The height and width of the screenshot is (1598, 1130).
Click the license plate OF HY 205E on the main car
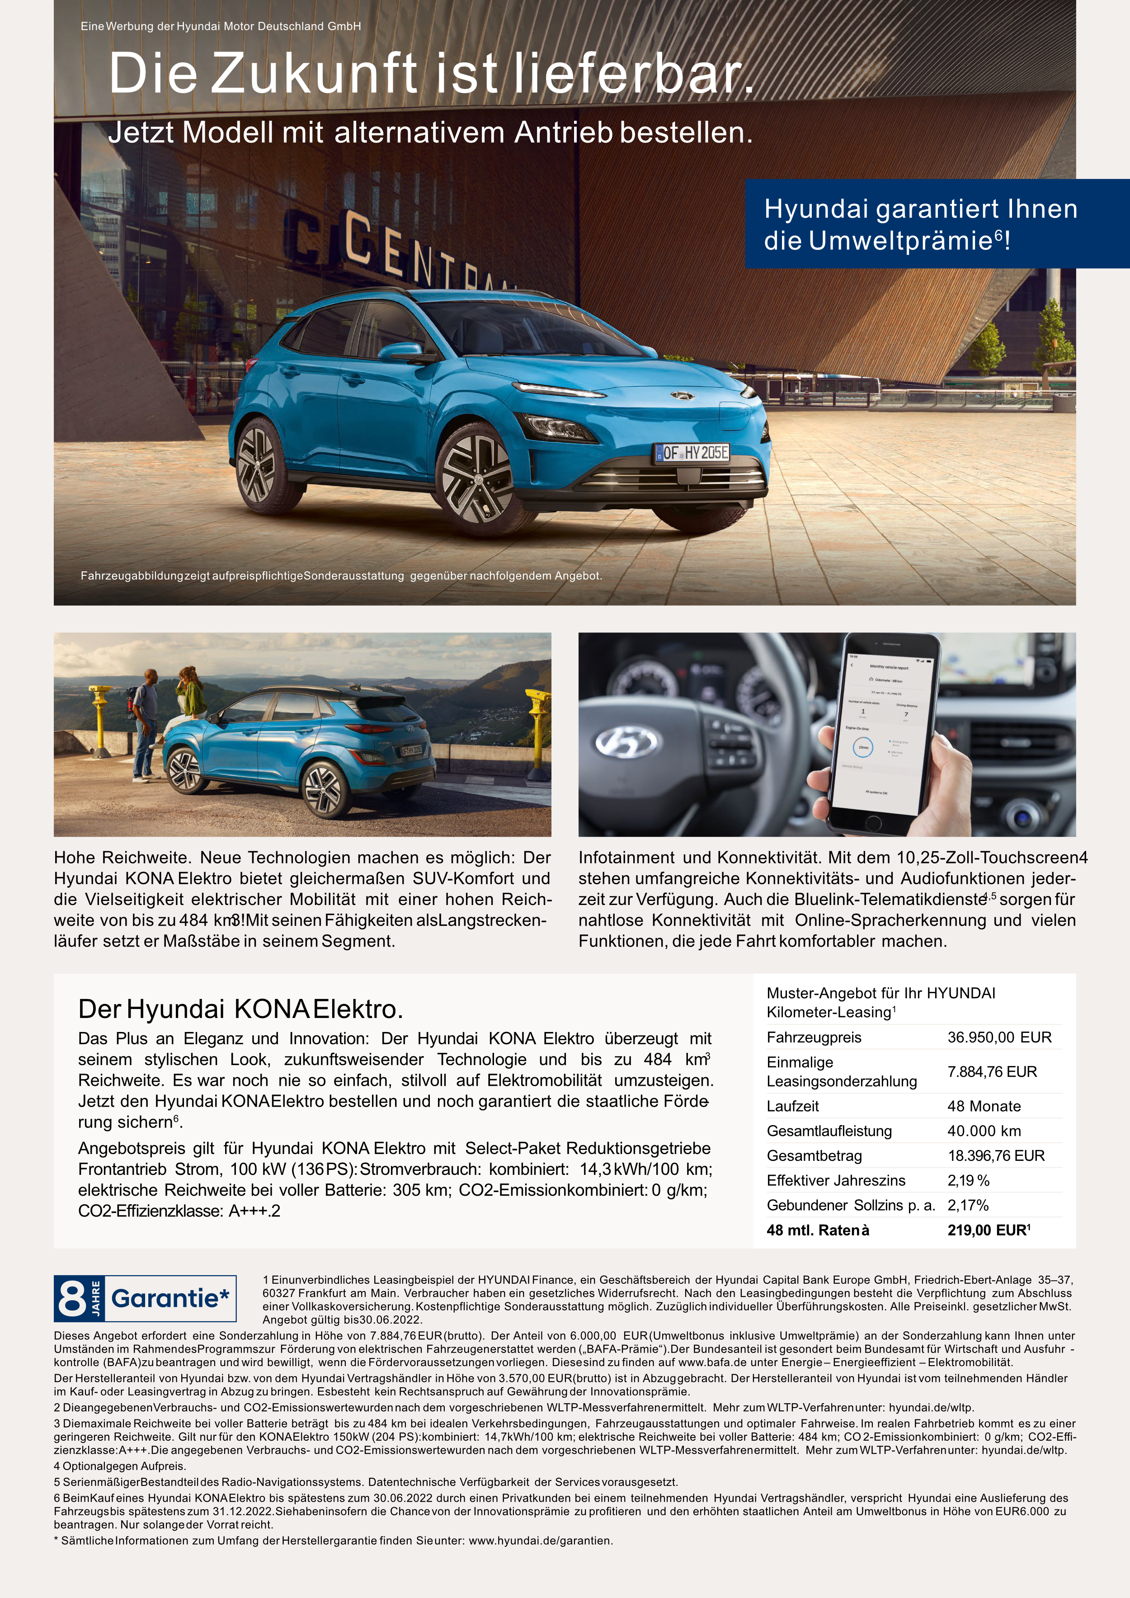[x=692, y=453]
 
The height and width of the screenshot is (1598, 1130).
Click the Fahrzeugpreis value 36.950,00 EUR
[x=999, y=1037]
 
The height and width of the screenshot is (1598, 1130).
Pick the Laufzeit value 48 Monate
[x=984, y=1106]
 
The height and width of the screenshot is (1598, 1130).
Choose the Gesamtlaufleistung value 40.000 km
[x=984, y=1131]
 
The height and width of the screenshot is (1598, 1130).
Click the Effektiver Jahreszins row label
[x=836, y=1180]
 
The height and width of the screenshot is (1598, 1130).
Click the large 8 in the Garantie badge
[x=72, y=1299]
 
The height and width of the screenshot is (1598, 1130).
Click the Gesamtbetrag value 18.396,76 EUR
[x=996, y=1155]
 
